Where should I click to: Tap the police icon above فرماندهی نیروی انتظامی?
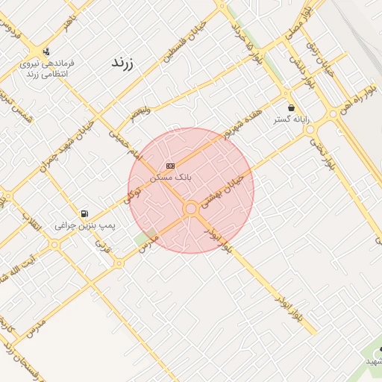click(x=48, y=52)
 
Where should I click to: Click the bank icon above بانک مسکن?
click(x=171, y=166)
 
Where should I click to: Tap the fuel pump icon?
click(x=83, y=214)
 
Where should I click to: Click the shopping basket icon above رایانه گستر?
click(x=291, y=107)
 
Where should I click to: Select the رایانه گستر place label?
click(x=290, y=119)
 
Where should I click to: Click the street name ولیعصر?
click(x=138, y=113)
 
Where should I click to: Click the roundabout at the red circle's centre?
click(x=191, y=209)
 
